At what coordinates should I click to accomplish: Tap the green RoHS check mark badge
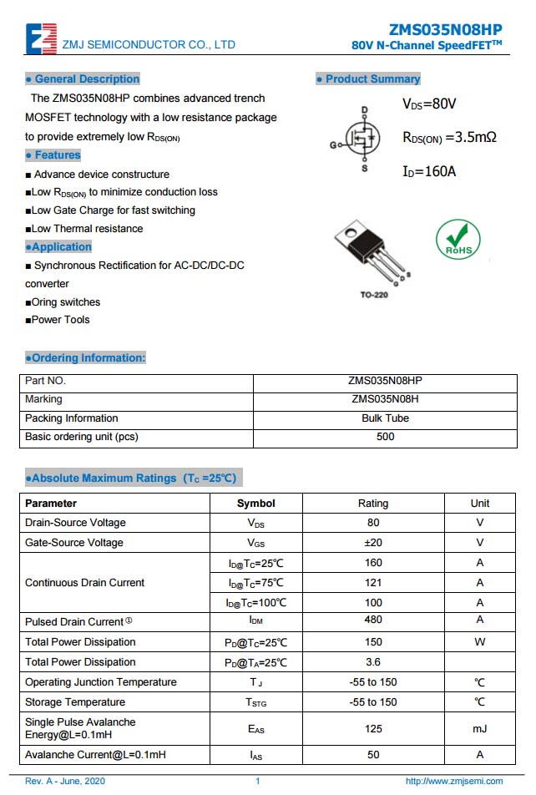[x=458, y=240]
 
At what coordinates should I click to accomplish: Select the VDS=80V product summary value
[x=429, y=104]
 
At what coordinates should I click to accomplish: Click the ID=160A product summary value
[x=429, y=172]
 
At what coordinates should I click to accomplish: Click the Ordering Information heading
[x=85, y=358]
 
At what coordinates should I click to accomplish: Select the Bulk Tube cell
[x=385, y=418]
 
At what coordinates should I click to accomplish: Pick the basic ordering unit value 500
[x=385, y=437]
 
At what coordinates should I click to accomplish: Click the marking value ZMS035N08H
[x=385, y=399]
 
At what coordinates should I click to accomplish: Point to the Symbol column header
[x=255, y=504]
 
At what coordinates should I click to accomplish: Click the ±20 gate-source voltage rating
[x=373, y=543]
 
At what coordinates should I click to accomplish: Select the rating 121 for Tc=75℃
[x=373, y=583]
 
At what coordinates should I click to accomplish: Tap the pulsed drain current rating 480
[x=373, y=620]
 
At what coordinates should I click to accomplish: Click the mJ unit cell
[x=480, y=729]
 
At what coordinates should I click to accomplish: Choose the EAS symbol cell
[x=255, y=729]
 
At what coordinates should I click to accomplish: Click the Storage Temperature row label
[x=75, y=702]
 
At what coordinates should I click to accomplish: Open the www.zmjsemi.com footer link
[x=453, y=782]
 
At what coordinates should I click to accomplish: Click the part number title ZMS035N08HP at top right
[x=446, y=28]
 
